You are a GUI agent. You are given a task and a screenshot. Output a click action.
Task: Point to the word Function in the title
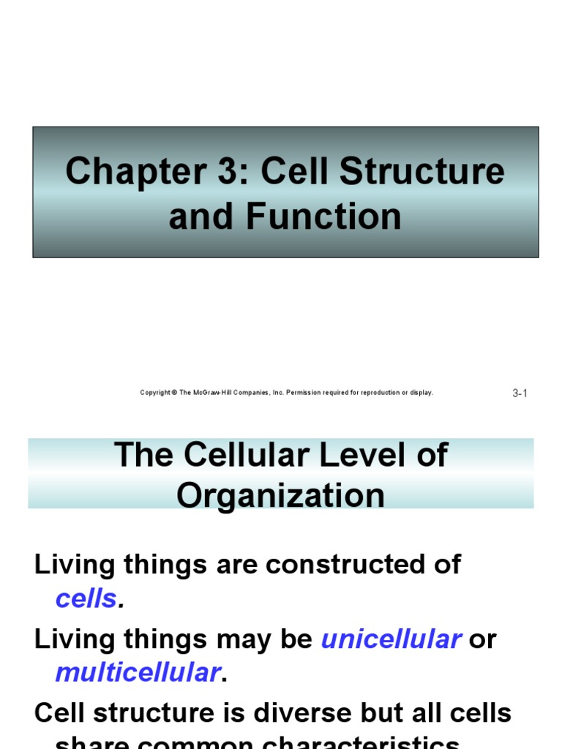click(x=323, y=217)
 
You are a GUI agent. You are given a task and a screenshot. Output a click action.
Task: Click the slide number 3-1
click(x=520, y=394)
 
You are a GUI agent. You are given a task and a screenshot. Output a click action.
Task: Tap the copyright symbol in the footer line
click(x=174, y=393)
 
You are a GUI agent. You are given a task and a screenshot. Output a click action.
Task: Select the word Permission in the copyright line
click(x=303, y=393)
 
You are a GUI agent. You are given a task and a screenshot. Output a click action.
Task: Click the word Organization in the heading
click(x=280, y=495)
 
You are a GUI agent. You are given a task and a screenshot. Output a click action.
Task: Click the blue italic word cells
click(x=86, y=599)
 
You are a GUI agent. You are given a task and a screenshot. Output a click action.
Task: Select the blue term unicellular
click(x=391, y=639)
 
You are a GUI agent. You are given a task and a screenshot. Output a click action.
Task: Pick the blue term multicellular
click(x=138, y=672)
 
